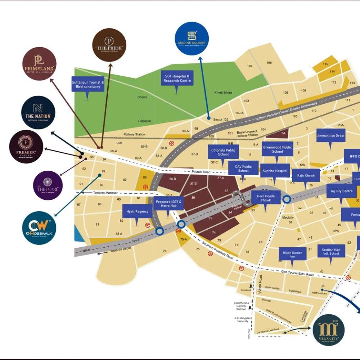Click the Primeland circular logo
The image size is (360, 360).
click(x=39, y=64)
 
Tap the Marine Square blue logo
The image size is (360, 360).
click(x=192, y=39)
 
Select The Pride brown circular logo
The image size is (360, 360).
click(x=109, y=45)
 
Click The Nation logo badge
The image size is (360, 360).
click(x=38, y=112)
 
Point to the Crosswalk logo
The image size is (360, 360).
click(x=39, y=228)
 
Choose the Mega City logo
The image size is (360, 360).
click(x=328, y=330)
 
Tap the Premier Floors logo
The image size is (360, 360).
click(x=26, y=147)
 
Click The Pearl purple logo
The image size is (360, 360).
click(x=48, y=185)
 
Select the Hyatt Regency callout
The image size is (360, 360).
click(x=137, y=211)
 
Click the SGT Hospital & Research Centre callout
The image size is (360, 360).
click(x=177, y=78)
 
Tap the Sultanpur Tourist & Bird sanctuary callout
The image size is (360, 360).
click(x=88, y=84)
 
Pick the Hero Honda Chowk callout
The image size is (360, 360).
click(x=266, y=198)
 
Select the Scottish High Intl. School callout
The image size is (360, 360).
click(x=331, y=251)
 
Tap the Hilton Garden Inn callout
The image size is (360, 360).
click(x=292, y=255)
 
